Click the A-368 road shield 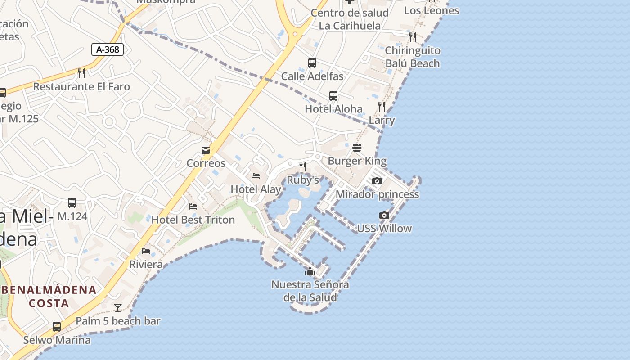pos(108,49)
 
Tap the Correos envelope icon pos(206,150)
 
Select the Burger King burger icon pos(357,148)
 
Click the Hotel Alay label pos(256,189)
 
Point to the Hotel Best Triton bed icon pos(193,207)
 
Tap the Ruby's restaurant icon pos(303,166)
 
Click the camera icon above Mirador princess pos(377,181)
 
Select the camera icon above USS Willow pos(384,216)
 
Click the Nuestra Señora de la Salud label pos(310,291)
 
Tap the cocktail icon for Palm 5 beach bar pos(118,308)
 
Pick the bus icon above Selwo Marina pos(57,327)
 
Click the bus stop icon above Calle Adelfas pos(312,63)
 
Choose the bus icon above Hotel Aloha pos(333,95)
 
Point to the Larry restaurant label pos(382,120)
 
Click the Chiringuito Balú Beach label pos(412,57)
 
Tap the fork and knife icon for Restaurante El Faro pos(81,73)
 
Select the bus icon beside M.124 pos(72,203)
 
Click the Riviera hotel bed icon pos(146,251)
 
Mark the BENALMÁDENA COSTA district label pos(49,296)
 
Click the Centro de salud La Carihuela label pos(350,19)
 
